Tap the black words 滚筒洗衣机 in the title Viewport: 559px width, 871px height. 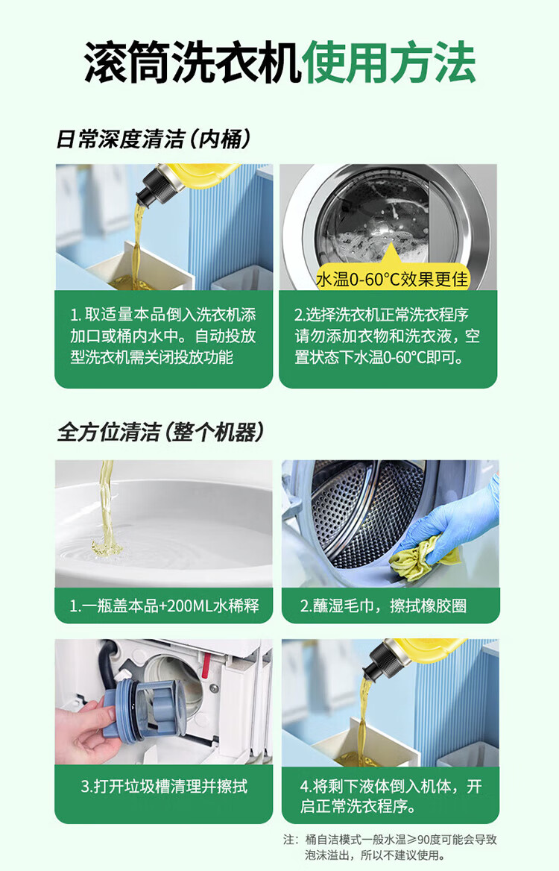pos(193,62)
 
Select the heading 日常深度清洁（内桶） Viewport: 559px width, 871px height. pos(154,139)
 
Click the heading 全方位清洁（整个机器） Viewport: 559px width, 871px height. pos(160,432)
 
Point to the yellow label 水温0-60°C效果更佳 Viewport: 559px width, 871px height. pos(392,279)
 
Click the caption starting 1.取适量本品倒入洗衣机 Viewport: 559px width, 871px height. pos(162,336)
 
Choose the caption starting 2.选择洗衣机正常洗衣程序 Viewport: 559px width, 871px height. pos(387,336)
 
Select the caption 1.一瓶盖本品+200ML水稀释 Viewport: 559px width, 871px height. pos(164,605)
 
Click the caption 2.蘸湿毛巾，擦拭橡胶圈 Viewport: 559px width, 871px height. pos(383,605)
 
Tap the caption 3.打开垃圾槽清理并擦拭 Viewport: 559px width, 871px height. pos(164,786)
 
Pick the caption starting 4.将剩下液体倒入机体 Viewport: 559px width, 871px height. pos(391,796)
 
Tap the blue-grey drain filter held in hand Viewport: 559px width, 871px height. pos(150,710)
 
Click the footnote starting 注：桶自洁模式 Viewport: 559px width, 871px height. pos(390,847)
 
